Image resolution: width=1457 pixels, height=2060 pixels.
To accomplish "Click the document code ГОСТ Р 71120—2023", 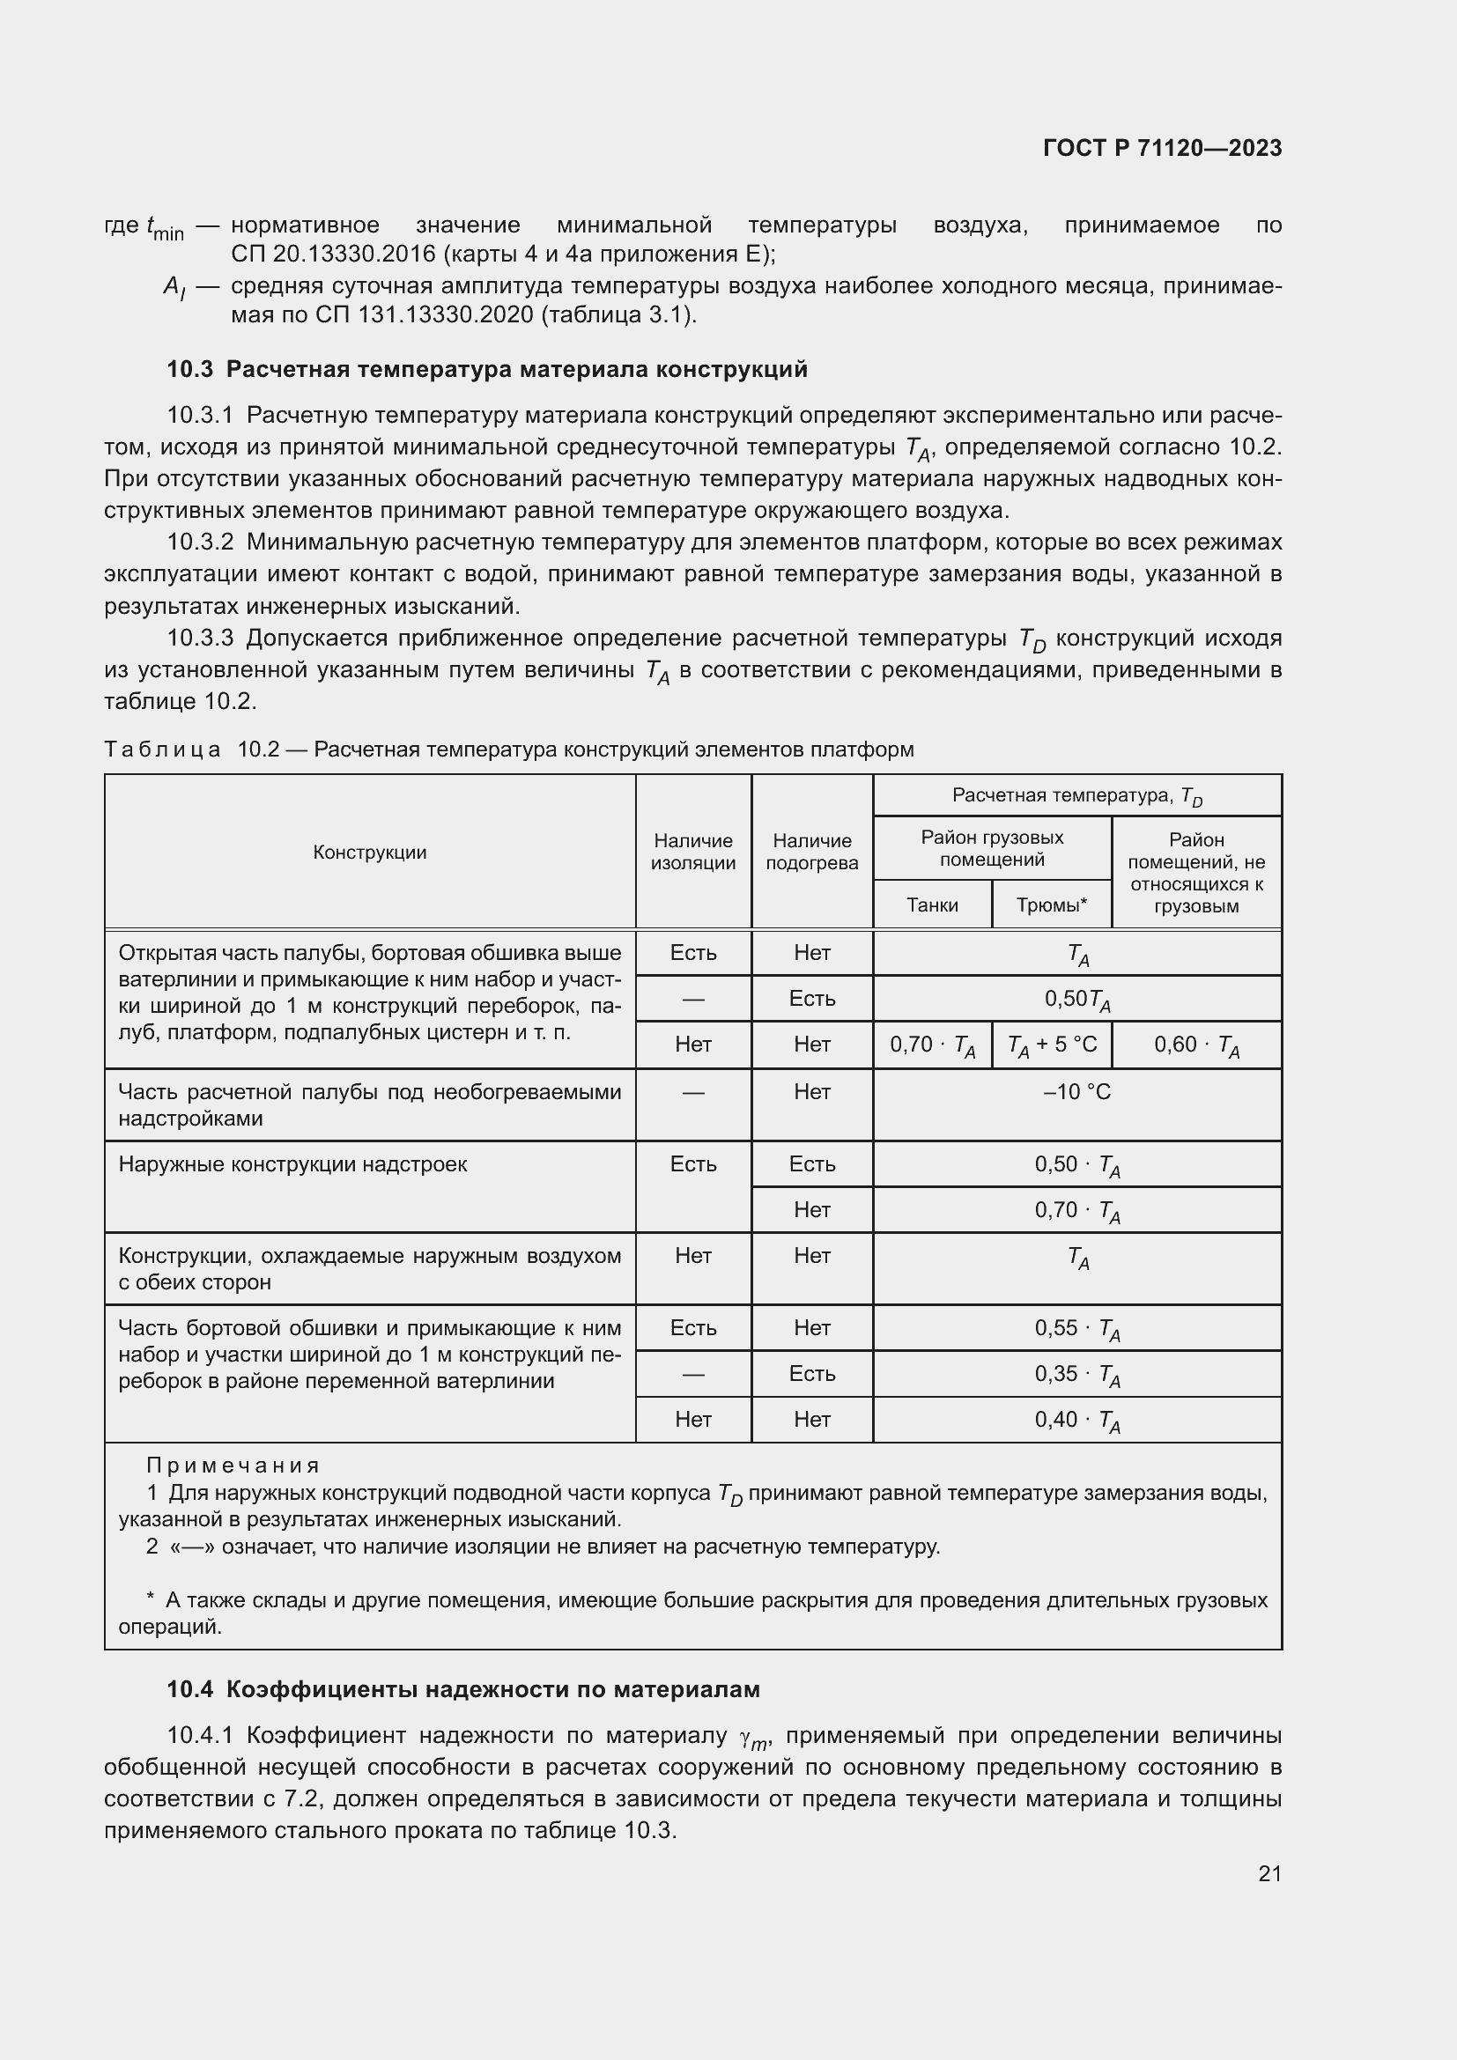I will (x=1162, y=148).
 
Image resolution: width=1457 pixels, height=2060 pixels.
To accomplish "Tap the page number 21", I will (x=1269, y=1873).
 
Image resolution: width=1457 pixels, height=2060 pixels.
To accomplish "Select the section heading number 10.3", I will (x=189, y=370).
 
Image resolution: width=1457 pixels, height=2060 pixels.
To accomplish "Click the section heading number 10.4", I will (x=189, y=1689).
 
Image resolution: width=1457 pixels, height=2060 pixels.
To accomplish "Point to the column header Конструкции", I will (x=370, y=853).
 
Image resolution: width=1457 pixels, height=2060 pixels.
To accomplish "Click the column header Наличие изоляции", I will (x=692, y=852).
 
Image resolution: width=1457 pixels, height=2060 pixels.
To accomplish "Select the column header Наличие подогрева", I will (x=812, y=852).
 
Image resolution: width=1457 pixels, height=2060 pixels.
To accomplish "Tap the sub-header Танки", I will (x=931, y=904).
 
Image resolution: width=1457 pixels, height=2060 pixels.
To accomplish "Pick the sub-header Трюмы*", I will (x=1051, y=904).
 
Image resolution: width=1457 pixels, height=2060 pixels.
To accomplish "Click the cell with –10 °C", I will (x=1076, y=1092).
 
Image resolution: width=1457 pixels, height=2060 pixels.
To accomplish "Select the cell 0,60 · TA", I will (x=1196, y=1045).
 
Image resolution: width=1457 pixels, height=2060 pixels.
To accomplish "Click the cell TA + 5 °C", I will (x=1052, y=1045).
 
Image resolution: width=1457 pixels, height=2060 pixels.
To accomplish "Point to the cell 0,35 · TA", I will (x=1076, y=1375).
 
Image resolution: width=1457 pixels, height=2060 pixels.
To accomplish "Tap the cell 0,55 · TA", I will (x=1076, y=1329).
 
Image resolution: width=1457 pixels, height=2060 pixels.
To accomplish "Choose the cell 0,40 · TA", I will (x=1076, y=1421).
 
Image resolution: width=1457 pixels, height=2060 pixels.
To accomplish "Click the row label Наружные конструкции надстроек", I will (x=292, y=1164).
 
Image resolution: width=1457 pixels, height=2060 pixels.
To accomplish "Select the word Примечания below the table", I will (x=233, y=1466).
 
